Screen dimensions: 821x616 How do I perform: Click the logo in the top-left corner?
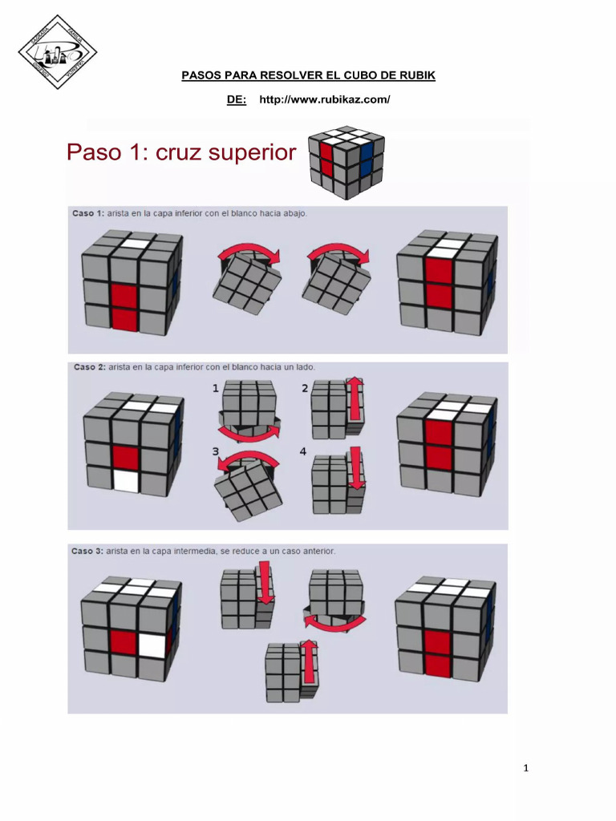[57, 51]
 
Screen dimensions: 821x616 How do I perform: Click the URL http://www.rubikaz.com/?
[325, 99]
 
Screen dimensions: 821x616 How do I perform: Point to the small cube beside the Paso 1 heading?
[346, 161]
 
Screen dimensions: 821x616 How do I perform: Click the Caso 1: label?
[89, 213]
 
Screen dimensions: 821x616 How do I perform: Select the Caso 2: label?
[89, 367]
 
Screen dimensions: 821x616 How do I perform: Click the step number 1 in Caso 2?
[215, 388]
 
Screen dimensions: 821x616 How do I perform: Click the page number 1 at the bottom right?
[526, 769]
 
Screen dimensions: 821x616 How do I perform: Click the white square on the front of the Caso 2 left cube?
[125, 481]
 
